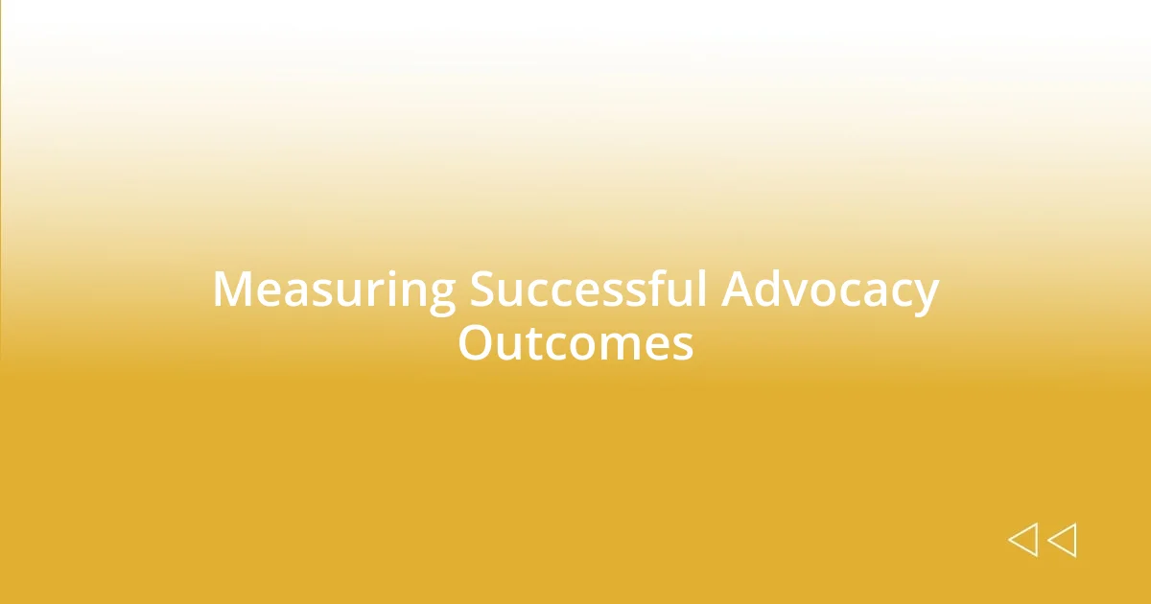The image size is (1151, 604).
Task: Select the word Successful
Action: (588, 290)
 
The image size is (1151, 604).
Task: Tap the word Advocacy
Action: (830, 290)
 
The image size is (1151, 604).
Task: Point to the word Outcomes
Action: (575, 342)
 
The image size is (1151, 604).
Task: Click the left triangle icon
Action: (1022, 540)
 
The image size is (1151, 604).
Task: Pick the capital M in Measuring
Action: (232, 290)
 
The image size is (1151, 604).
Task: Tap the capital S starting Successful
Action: (482, 290)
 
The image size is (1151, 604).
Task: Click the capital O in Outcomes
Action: (475, 342)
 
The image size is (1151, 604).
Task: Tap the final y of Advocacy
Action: (926, 297)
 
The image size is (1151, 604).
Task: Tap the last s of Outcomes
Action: (683, 346)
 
